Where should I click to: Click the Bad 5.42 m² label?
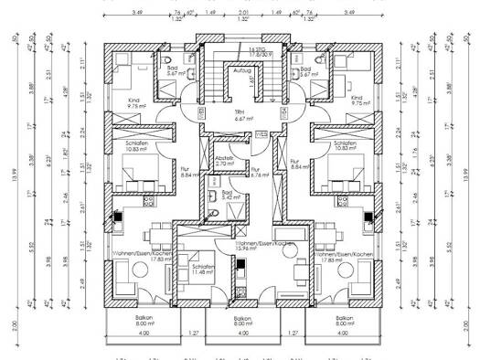point(226,196)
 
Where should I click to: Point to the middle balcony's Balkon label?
point(241,318)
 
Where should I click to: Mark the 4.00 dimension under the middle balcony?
point(241,334)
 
